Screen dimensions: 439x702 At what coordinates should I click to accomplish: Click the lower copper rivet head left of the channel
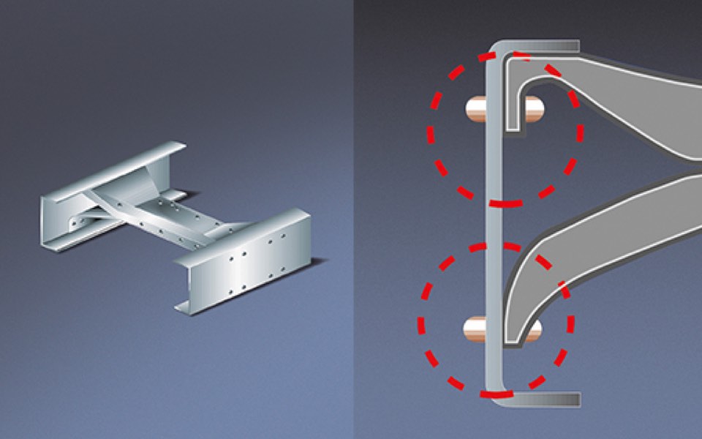point(476,329)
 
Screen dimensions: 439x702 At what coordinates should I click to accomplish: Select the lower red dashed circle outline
point(423,322)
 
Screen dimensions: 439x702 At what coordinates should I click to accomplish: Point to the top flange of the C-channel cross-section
point(541,47)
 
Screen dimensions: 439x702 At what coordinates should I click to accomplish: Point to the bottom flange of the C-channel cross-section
point(541,399)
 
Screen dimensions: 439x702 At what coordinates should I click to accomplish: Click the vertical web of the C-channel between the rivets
point(494,219)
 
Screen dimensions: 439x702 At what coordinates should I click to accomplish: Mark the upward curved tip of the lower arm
point(516,322)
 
